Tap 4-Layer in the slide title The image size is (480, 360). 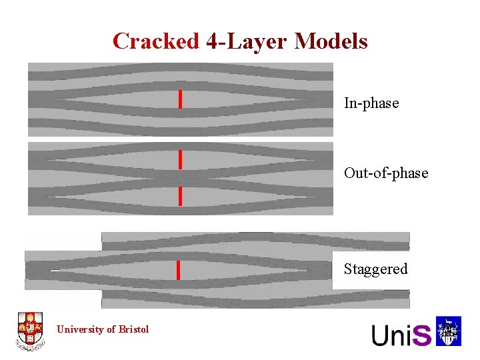247,41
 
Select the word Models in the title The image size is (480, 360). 331,41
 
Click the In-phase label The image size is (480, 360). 371,103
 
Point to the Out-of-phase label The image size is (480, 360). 386,173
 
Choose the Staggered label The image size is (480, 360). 375,269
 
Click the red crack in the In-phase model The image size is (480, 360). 180,99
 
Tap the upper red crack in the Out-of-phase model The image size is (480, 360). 180,159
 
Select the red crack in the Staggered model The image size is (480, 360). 178,270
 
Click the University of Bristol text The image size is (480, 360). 103,329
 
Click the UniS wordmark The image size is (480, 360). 401,334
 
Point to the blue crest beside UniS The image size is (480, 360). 449,332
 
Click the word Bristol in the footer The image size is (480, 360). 134,329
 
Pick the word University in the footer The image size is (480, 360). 79,329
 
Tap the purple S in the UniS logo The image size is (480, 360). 422,334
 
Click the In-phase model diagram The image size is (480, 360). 180,99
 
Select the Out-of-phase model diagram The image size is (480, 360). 180,178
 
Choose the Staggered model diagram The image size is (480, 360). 217,270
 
